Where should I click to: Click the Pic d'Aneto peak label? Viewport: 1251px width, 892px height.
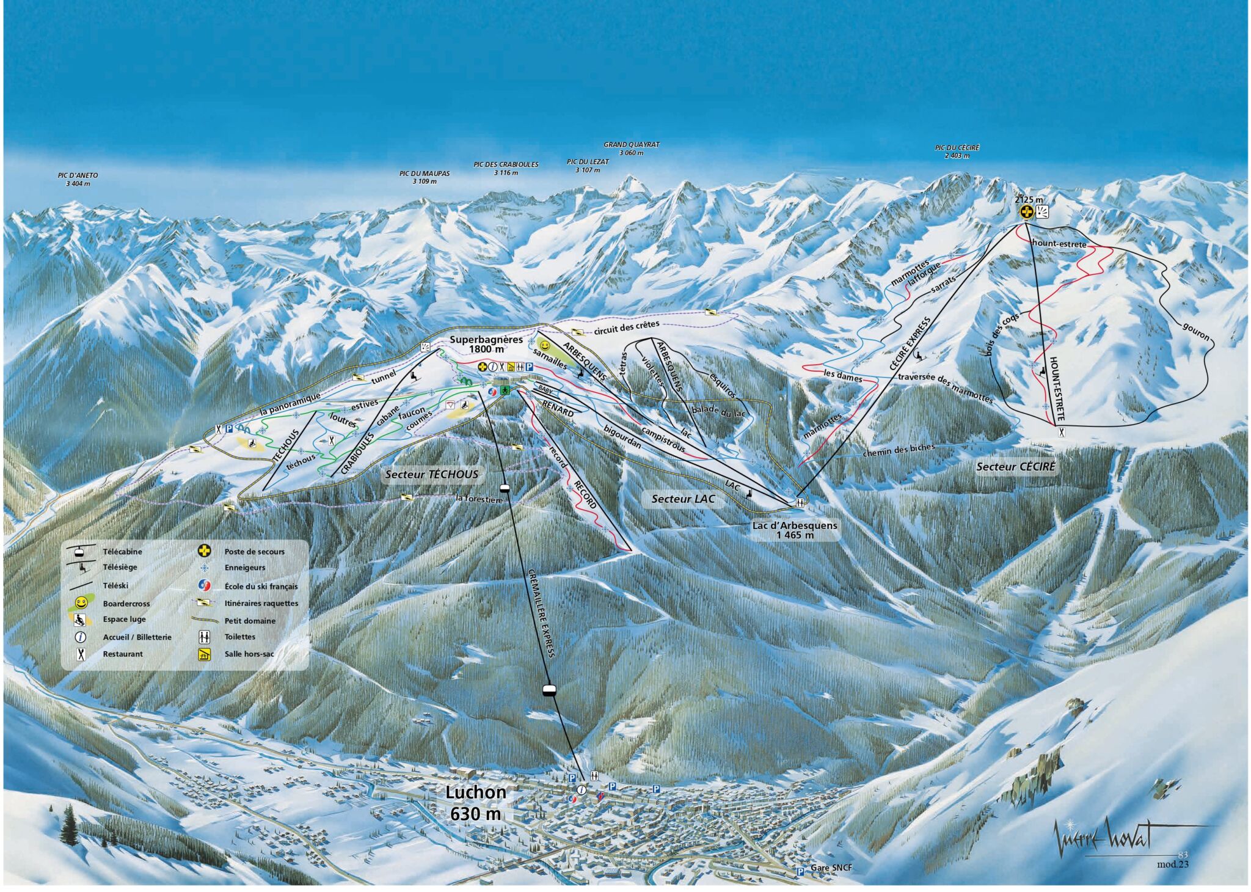click(x=78, y=179)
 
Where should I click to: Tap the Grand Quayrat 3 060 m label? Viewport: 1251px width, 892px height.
click(x=632, y=148)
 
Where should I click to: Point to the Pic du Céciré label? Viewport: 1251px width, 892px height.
click(x=957, y=152)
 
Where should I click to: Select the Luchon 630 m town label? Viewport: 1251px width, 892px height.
click(x=475, y=803)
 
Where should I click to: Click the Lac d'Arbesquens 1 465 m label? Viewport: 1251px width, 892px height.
click(x=795, y=530)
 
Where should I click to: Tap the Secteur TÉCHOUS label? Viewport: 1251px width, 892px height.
click(x=432, y=474)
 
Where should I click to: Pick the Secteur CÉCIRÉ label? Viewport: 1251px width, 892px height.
click(x=1016, y=467)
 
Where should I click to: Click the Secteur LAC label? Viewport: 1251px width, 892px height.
click(x=683, y=499)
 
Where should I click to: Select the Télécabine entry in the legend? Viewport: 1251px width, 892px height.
click(x=122, y=551)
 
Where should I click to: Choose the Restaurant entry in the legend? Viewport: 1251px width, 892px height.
click(x=122, y=654)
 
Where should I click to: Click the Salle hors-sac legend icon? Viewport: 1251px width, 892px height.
click(x=202, y=655)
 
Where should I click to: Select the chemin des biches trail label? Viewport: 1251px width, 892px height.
click(x=899, y=451)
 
